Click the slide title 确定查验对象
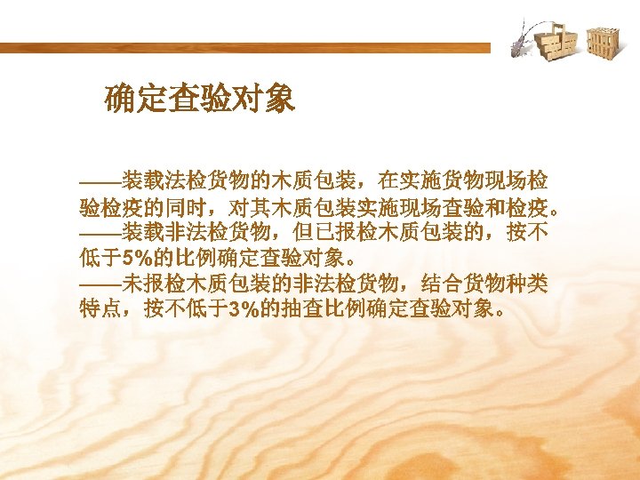[x=199, y=99]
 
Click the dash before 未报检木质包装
[x=100, y=284]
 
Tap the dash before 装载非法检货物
[x=100, y=235]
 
